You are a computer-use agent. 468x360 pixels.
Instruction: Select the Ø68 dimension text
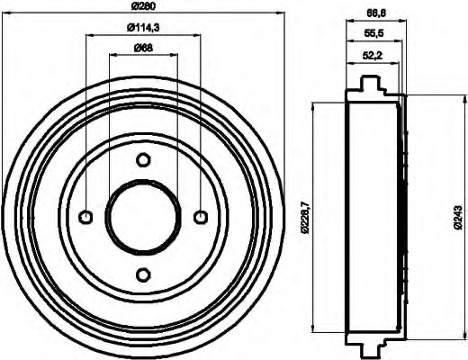141,47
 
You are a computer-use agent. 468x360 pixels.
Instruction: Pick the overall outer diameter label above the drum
142,7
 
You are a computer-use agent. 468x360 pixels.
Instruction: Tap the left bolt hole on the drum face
86,216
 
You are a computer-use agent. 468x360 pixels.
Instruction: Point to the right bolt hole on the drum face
200,216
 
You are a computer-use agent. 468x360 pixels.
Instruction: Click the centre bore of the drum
143,216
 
